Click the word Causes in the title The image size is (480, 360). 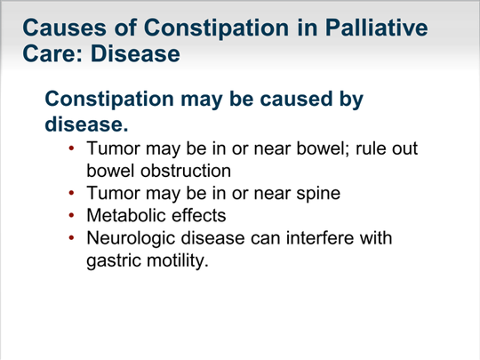(64, 28)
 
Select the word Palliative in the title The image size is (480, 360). (376, 28)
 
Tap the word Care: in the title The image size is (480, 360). (52, 53)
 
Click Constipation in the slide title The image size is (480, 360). (216, 28)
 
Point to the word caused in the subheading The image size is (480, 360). (296, 99)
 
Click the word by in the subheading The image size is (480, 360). (351, 100)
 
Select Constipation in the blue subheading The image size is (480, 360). (109, 100)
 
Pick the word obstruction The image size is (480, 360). (186, 171)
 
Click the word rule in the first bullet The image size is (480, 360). (367, 148)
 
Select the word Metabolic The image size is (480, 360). (126, 215)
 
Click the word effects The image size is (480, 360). (199, 215)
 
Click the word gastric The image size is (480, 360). (113, 261)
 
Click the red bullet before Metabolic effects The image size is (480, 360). (72, 215)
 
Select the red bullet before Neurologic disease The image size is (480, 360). (72, 238)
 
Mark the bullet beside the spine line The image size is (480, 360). (72, 193)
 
